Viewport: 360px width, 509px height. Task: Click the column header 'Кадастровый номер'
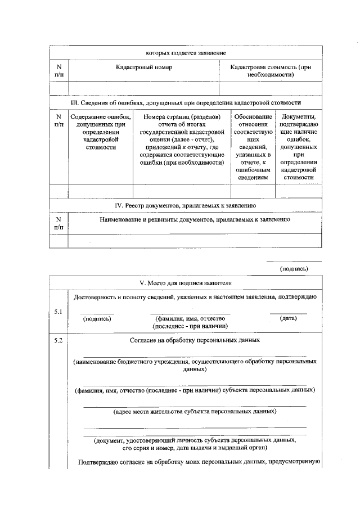(x=144, y=67)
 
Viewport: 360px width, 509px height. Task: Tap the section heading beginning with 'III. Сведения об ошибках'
(x=186, y=103)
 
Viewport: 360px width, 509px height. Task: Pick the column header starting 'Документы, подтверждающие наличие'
(x=299, y=147)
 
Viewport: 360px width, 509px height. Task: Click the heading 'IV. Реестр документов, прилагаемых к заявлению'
(x=186, y=206)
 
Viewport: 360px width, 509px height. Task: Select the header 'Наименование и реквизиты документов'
(x=195, y=219)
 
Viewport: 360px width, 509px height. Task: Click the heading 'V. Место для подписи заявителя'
(x=186, y=282)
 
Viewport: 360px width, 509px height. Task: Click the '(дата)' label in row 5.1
(x=288, y=318)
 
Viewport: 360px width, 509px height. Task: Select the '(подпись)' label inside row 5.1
(x=97, y=318)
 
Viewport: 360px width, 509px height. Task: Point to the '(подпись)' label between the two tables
(x=294, y=268)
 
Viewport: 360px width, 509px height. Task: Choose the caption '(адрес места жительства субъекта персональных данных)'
(x=195, y=411)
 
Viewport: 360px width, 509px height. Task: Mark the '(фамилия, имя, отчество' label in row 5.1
(x=190, y=318)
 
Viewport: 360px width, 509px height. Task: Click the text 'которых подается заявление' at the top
(x=186, y=52)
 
